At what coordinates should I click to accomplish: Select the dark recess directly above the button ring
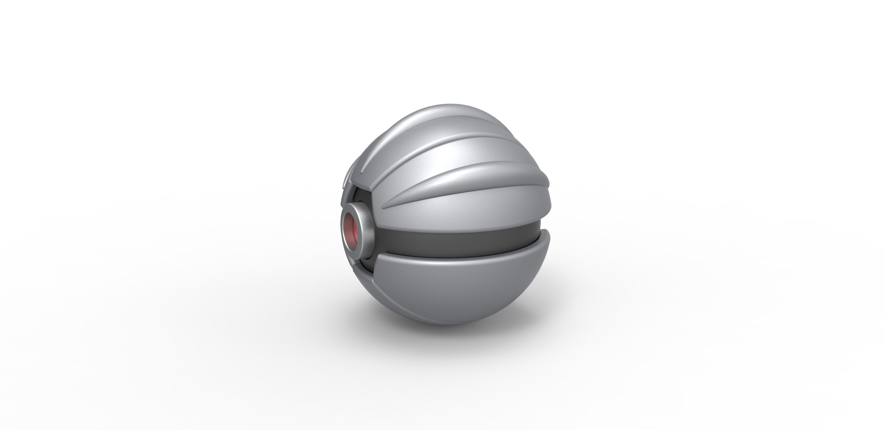click(360, 197)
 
